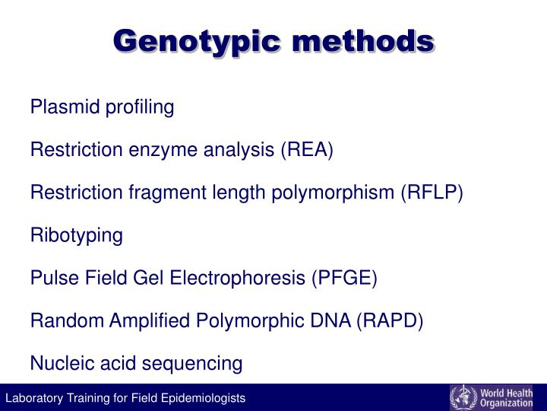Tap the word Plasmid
55,107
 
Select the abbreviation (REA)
307,150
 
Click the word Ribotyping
76,236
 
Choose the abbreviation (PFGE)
343,278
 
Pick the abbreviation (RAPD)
387,320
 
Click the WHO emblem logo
463,397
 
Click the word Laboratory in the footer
31,398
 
